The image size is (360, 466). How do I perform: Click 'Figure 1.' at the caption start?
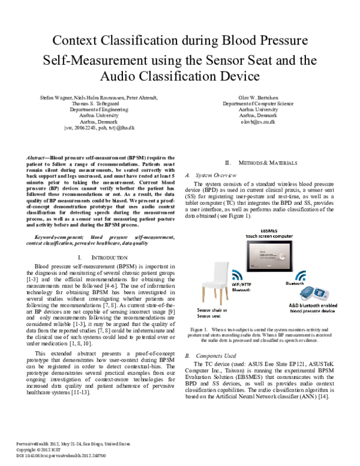(x=198, y=330)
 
